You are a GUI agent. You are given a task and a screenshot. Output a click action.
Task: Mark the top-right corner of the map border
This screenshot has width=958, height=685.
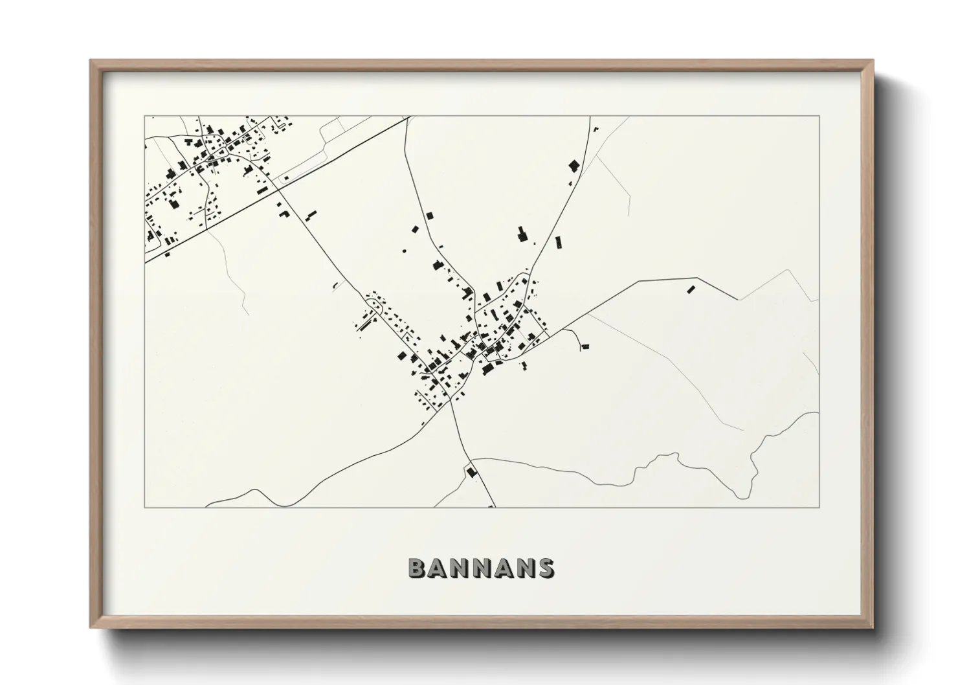[819, 116]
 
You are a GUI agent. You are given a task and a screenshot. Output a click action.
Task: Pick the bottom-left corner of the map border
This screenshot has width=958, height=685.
[144, 508]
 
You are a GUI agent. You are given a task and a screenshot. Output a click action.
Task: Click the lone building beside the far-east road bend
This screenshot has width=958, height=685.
[690, 289]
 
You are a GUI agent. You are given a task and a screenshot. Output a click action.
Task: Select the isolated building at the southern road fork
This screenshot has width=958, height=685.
[472, 471]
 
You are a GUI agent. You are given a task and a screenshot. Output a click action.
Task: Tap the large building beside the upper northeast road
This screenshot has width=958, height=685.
[573, 165]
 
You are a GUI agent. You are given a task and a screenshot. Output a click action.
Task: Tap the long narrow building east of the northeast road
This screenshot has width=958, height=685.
[558, 243]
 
